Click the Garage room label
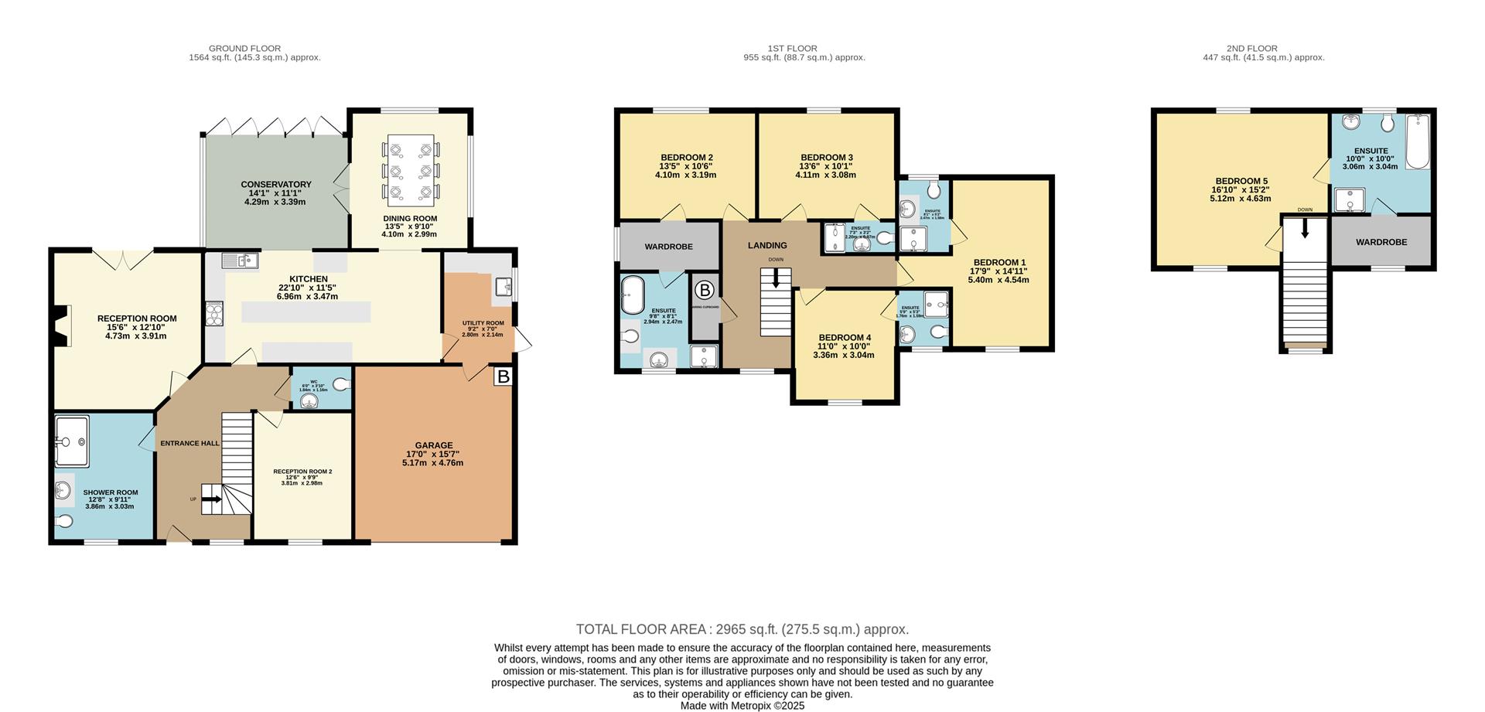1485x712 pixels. click(433, 445)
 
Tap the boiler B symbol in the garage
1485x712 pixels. click(504, 376)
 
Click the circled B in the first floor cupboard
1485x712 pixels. click(705, 291)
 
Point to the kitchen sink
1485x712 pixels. click(239, 261)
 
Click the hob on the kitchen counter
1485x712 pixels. click(214, 314)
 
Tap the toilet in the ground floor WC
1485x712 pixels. click(341, 384)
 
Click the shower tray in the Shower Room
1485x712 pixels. click(72, 441)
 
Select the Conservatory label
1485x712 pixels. click(276, 184)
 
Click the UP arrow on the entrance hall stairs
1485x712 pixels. click(213, 499)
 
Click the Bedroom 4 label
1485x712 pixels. click(845, 338)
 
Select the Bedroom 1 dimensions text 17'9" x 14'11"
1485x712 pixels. click(999, 271)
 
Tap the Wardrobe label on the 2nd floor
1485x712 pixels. click(1381, 242)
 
